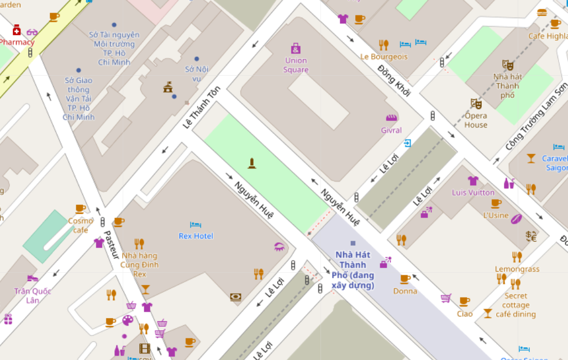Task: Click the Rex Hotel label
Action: (196, 236)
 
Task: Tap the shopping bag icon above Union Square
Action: (296, 48)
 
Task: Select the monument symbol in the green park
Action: (252, 163)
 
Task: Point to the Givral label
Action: (391, 131)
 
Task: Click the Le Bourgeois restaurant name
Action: (383, 56)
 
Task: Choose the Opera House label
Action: (476, 120)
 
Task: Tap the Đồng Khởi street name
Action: (394, 81)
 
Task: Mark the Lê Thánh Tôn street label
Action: (202, 107)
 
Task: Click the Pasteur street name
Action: (112, 245)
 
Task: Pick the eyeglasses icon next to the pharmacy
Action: (32, 32)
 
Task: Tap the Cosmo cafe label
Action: (81, 225)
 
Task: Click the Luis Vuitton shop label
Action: (473, 193)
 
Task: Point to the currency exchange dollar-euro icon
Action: (531, 236)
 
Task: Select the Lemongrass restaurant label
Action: (517, 269)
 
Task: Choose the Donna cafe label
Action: (405, 291)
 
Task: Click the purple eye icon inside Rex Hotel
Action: (280, 247)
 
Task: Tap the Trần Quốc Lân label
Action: (33, 295)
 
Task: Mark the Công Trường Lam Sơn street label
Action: (537, 118)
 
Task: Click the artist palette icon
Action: (128, 320)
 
